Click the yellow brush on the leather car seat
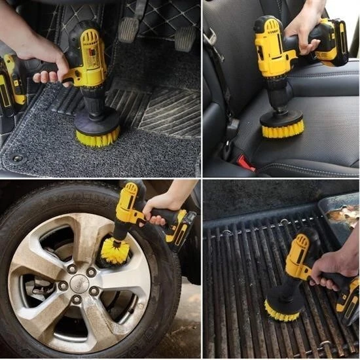(281, 128)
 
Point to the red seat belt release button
(245, 161)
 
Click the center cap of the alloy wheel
(80, 283)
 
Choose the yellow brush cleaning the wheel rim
(115, 251)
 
